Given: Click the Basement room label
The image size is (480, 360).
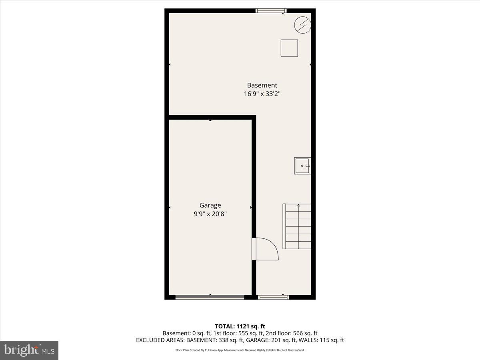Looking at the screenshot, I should point(262,85).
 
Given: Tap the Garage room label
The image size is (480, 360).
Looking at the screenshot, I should point(210,205).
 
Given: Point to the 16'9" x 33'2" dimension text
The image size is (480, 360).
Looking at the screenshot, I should point(262,94).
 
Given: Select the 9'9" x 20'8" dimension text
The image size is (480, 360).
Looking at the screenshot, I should point(210,214).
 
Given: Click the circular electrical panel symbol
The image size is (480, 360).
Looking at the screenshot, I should point(302,25).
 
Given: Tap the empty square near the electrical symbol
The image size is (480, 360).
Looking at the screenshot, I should point(289,48).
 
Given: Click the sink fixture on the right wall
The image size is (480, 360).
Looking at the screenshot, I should point(302,166).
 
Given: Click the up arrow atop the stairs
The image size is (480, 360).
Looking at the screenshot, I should point(298,206).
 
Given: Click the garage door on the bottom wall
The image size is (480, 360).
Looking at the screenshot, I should point(210,297).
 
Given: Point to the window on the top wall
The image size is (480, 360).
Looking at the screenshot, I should point(271,11).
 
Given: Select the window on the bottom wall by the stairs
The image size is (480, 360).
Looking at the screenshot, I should point(273,297).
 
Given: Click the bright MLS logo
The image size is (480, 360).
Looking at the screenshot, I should point(29,350).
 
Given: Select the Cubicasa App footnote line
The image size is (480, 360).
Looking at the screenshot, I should point(240,350).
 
